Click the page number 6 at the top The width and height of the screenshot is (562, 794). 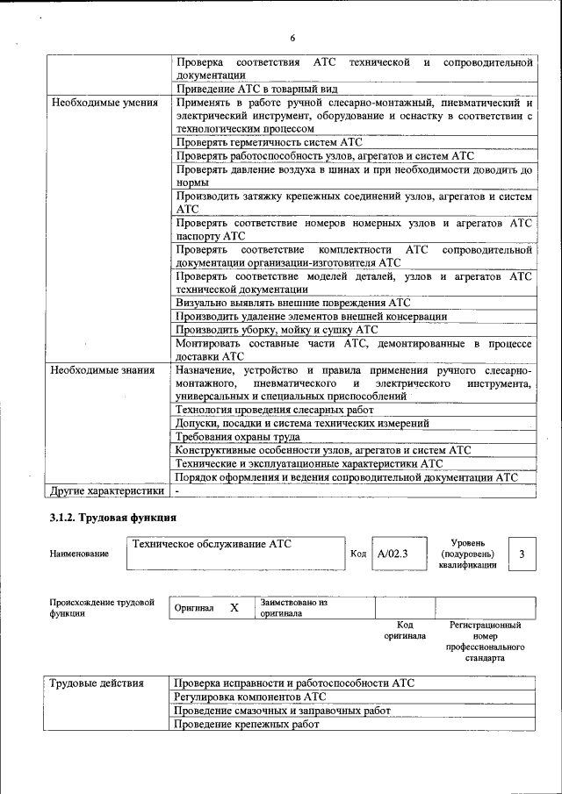pyautogui.click(x=292, y=38)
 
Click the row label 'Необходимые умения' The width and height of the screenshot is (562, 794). pyautogui.click(x=104, y=103)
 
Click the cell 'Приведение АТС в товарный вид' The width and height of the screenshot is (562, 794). pyautogui.click(x=256, y=89)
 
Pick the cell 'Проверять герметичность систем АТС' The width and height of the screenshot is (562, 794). pyautogui.click(x=269, y=141)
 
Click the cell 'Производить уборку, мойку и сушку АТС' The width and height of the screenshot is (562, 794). pyautogui.click(x=277, y=330)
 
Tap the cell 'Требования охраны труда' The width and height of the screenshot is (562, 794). pyautogui.click(x=238, y=436)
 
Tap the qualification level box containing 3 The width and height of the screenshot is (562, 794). pyautogui.click(x=522, y=554)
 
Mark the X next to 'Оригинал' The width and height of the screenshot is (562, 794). pyautogui.click(x=234, y=607)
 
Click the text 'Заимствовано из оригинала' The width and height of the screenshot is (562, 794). pyautogui.click(x=293, y=608)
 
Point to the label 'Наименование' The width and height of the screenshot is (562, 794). pyautogui.click(x=80, y=554)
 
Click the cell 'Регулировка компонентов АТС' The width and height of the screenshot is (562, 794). pyautogui.click(x=249, y=697)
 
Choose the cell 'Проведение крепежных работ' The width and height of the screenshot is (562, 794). pyautogui.click(x=246, y=725)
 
